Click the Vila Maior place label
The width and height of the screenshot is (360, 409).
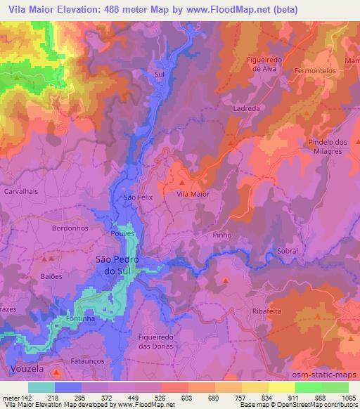coord(193,193)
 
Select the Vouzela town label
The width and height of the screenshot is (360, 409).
coord(27,368)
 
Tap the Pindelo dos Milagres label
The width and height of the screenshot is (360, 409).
coord(329,147)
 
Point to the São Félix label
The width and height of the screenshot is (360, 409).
coord(138,198)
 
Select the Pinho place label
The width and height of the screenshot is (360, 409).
coord(222,237)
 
